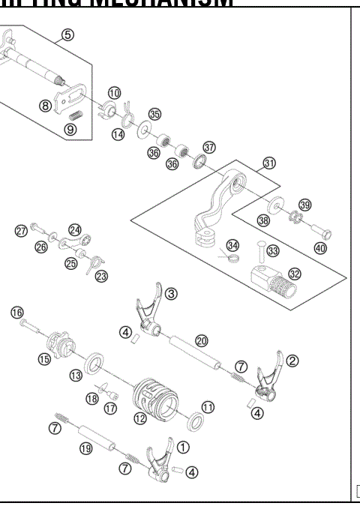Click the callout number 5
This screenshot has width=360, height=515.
coord(68,35)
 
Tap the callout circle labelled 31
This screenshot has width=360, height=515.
coord(268,163)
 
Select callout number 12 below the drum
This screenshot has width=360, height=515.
coord(139,419)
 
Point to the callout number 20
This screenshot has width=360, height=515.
coord(201,340)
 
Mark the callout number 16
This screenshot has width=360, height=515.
coord(16,312)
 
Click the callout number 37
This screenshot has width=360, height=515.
coord(208,147)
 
